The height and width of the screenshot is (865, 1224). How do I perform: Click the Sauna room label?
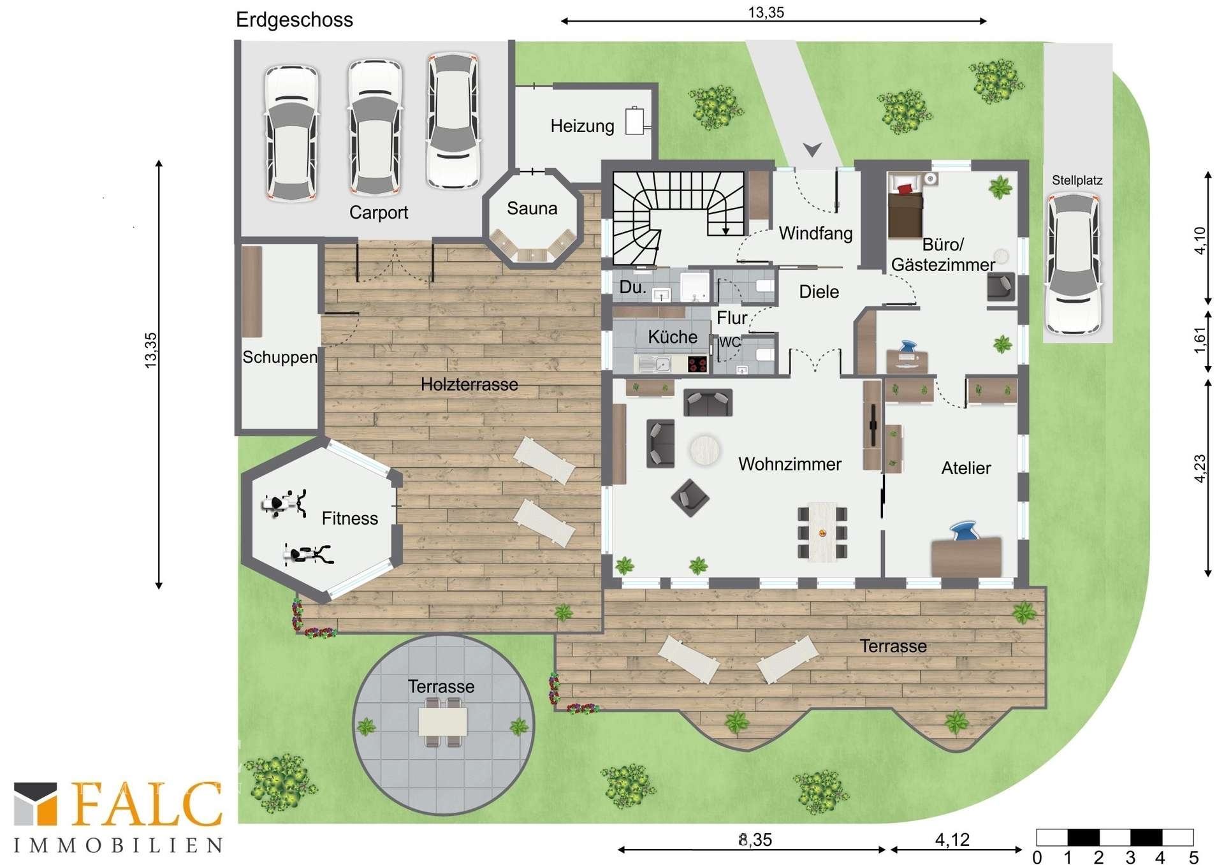click(x=532, y=208)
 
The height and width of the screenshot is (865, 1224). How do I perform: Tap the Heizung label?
click(x=582, y=126)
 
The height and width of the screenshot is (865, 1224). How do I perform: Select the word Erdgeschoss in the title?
click(x=294, y=20)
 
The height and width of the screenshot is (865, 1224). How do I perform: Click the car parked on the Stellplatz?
click(x=1074, y=263)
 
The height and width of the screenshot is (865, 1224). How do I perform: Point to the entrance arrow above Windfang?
click(x=812, y=149)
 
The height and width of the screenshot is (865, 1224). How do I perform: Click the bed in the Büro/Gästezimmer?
click(x=905, y=206)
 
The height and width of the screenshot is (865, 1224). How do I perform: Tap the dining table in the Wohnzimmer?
click(x=822, y=532)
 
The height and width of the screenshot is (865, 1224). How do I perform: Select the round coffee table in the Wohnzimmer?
click(x=704, y=450)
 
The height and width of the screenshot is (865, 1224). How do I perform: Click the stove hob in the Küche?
click(x=697, y=364)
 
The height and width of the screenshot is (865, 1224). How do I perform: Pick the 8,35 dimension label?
click(x=755, y=840)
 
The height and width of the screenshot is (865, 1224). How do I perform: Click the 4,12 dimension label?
click(x=952, y=840)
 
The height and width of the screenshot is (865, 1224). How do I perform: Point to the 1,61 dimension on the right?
click(x=1200, y=340)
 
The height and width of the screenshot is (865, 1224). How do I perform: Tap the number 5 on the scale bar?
click(x=1193, y=857)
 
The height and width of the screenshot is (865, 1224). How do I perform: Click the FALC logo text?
click(x=147, y=804)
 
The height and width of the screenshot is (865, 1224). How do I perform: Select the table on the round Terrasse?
click(x=442, y=722)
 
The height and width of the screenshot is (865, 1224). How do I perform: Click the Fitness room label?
click(x=349, y=518)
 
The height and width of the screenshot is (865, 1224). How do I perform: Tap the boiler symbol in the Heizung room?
click(x=636, y=120)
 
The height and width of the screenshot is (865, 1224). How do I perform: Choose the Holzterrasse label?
click(x=469, y=384)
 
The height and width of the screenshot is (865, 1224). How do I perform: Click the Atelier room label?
click(x=966, y=468)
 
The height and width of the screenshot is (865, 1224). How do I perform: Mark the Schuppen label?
click(x=280, y=357)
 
